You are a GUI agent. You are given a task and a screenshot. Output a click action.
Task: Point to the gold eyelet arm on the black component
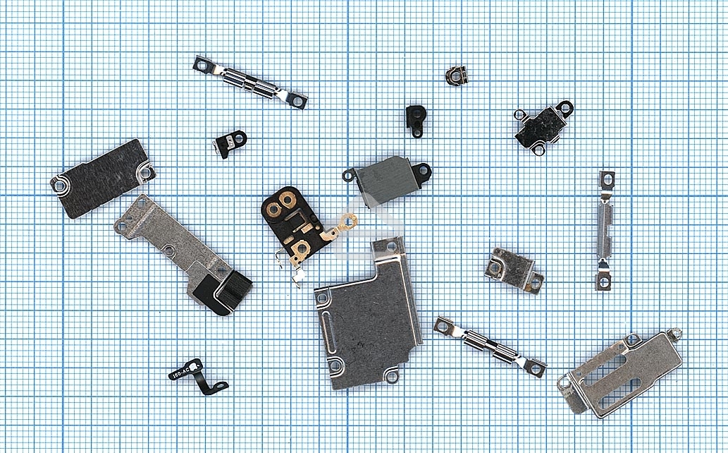click(345, 224)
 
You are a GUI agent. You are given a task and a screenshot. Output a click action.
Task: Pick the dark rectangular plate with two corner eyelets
click(102, 178)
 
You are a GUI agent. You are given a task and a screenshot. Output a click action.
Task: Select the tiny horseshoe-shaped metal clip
click(457, 75)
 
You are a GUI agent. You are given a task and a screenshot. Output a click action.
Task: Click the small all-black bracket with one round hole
click(416, 119)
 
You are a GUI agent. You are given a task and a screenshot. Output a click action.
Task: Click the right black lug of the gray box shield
click(422, 170)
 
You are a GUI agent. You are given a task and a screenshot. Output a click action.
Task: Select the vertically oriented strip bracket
click(605, 229)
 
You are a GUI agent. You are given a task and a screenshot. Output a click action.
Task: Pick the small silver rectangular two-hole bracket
click(514, 269)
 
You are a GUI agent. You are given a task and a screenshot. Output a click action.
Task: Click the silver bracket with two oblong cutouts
click(620, 370)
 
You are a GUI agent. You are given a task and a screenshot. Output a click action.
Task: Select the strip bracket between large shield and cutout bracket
click(490, 345)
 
